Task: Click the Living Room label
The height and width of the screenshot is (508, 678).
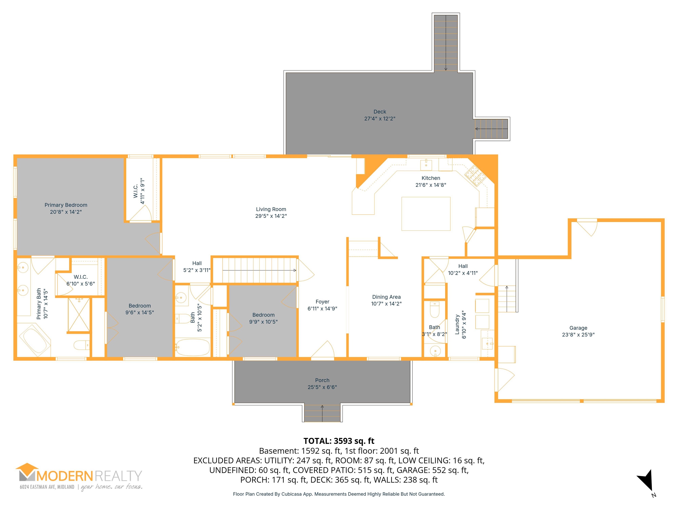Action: pyautogui.click(x=271, y=209)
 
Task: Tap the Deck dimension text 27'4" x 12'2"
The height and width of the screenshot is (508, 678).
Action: pyautogui.click(x=380, y=118)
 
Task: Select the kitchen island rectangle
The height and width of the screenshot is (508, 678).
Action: pyautogui.click(x=426, y=214)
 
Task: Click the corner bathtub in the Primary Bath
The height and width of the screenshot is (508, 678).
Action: pyautogui.click(x=35, y=341)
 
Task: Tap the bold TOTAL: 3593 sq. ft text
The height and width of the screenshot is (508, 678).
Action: pyautogui.click(x=339, y=441)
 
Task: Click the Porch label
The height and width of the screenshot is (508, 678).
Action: pyautogui.click(x=322, y=380)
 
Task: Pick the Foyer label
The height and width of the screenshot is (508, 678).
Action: pyautogui.click(x=322, y=302)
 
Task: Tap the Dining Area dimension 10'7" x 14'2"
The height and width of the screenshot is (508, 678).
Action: pyautogui.click(x=386, y=304)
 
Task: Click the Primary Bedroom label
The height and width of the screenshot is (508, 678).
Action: pyautogui.click(x=66, y=205)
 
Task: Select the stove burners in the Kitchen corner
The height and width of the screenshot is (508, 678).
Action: pyautogui.click(x=475, y=176)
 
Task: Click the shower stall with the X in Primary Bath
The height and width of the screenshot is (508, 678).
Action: pyautogui.click(x=79, y=315)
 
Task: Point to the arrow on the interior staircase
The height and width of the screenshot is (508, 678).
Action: pyautogui.click(x=259, y=270)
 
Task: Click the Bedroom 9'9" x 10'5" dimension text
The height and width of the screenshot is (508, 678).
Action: pyautogui.click(x=263, y=322)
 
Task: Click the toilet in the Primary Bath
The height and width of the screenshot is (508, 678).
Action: pyautogui.click(x=81, y=345)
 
